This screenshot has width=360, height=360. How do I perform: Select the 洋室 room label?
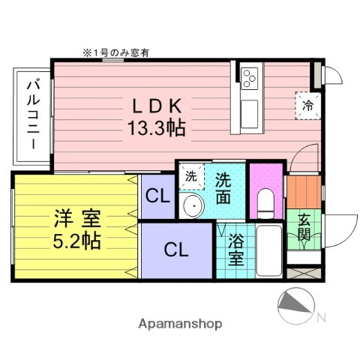[78, 221]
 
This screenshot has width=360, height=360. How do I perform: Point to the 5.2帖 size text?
[78, 242]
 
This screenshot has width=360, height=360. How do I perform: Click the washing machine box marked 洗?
[191, 178]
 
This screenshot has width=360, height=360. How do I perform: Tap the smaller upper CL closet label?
[157, 198]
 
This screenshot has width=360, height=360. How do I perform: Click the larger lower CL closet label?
[177, 249]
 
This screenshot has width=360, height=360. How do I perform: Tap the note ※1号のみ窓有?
[116, 52]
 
